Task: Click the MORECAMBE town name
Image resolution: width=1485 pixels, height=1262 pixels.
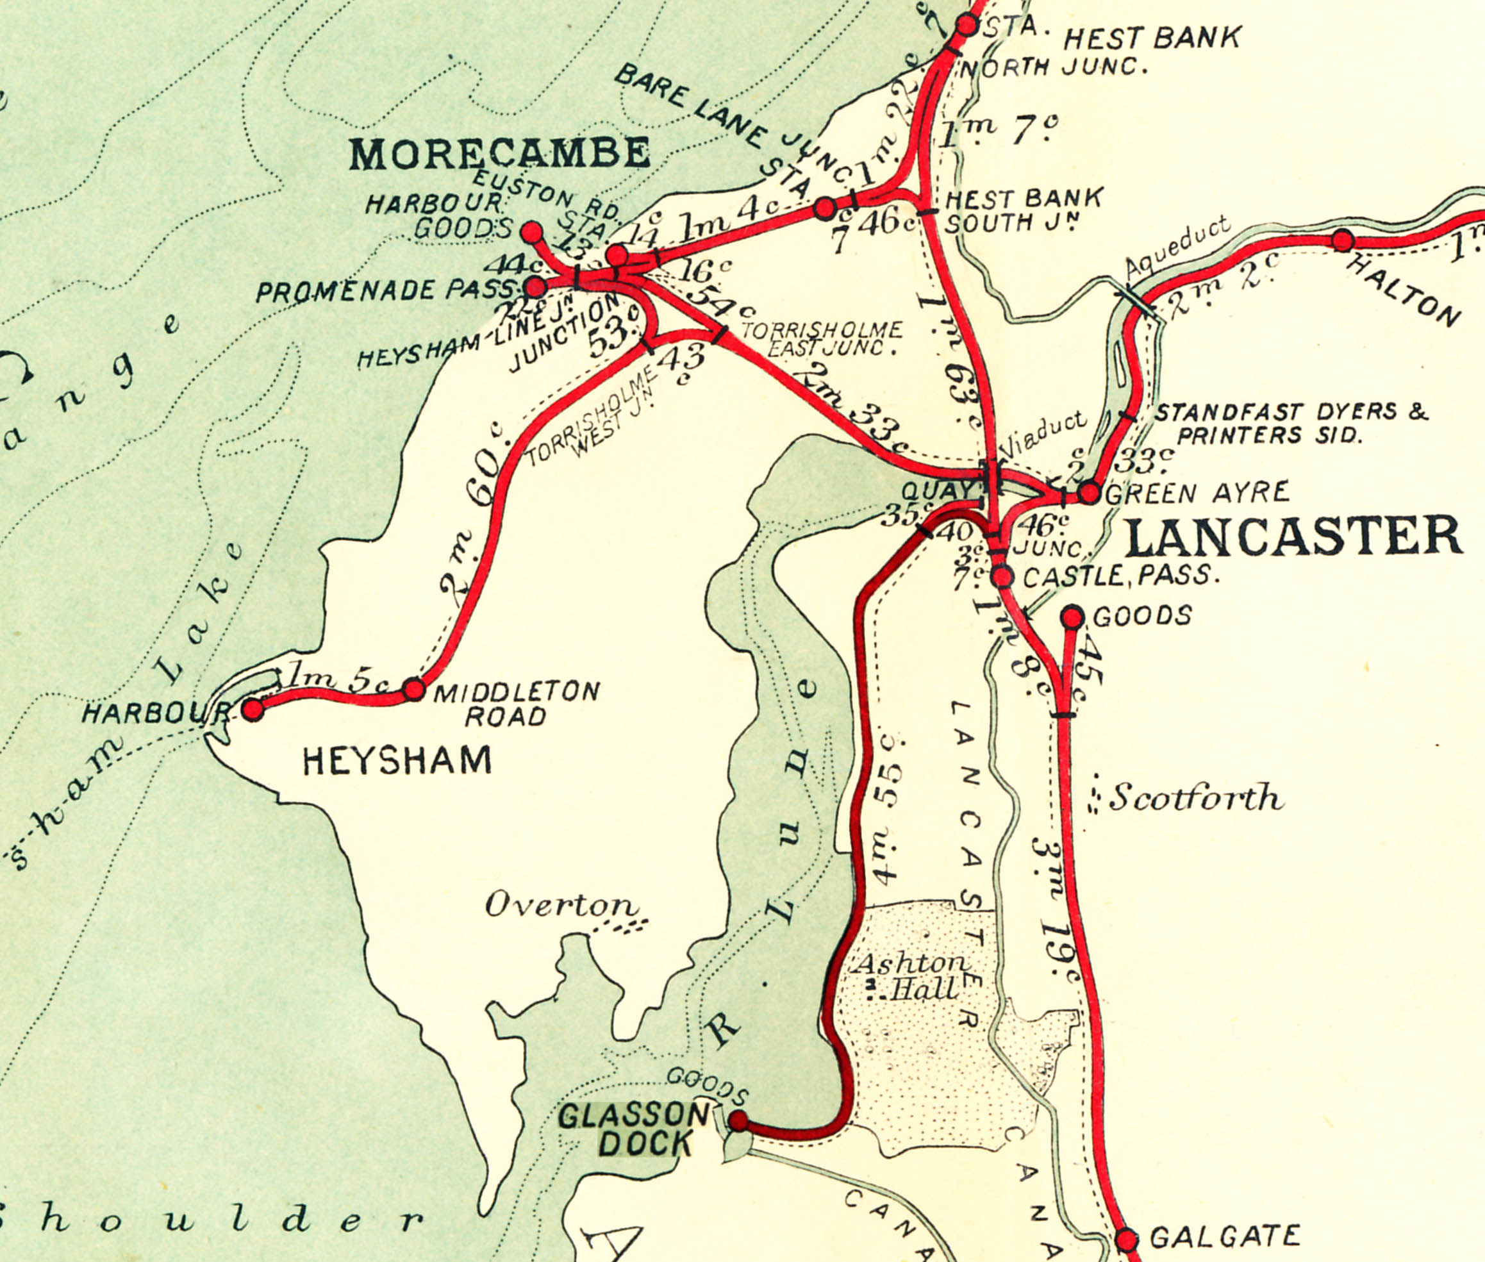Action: coord(499,153)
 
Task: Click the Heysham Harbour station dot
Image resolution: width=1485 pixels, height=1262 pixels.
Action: coord(253,710)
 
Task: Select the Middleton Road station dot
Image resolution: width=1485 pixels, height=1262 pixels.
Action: coord(413,690)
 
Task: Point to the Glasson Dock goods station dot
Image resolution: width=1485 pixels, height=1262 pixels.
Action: coord(738,1121)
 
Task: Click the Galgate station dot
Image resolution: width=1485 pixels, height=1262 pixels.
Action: coord(1126,1239)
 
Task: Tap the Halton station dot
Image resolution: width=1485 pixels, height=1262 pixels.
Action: coord(1342,240)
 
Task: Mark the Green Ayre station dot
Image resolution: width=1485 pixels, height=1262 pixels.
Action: coord(1089,493)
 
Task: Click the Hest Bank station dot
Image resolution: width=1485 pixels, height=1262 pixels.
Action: coord(966,25)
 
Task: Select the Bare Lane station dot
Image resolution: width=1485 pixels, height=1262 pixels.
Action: coord(825,208)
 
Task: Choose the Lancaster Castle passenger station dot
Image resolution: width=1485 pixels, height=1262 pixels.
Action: coord(1002,576)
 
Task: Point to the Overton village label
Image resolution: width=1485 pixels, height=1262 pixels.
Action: coord(561,906)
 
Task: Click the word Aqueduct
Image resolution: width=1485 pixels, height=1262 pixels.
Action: coord(1177,247)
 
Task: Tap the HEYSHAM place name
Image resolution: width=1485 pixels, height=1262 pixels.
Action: coord(397,761)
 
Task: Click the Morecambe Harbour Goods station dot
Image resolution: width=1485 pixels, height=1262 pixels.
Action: coord(531,232)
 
